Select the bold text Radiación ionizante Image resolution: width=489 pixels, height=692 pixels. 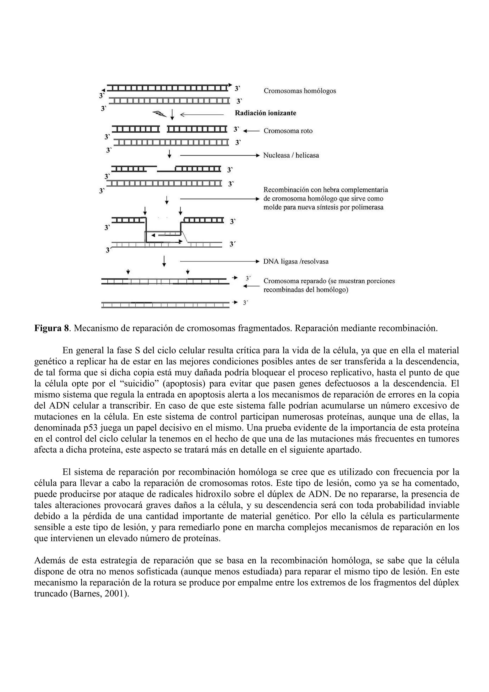coord(265,113)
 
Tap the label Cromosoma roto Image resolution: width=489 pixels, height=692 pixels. coord(288,131)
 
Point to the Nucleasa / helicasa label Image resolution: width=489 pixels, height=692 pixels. coord(291,155)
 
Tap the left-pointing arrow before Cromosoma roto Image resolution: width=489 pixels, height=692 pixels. coord(251,131)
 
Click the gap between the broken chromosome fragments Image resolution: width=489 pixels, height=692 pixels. coord(163,129)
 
